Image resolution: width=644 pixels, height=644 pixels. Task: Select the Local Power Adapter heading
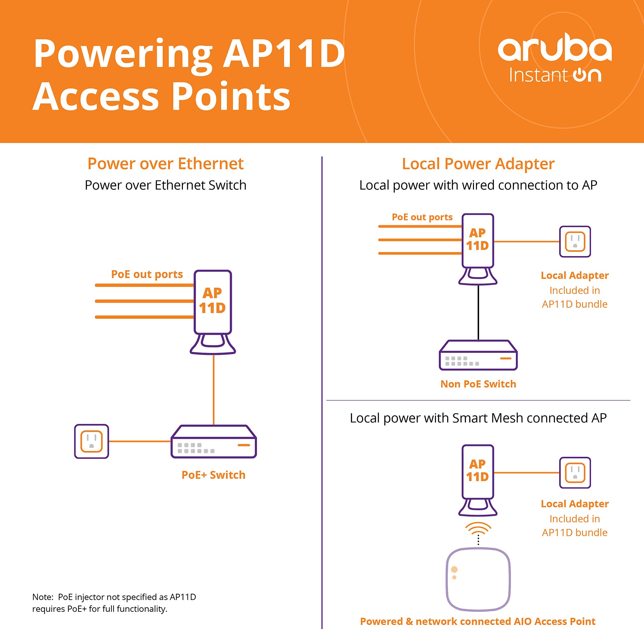(x=478, y=164)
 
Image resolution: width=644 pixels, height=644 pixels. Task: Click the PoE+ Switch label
(x=213, y=475)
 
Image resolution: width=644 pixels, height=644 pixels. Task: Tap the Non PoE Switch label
(x=478, y=384)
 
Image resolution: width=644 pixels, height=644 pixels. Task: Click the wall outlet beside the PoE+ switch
(x=91, y=441)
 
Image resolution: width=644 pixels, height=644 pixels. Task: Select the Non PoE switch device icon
(x=478, y=355)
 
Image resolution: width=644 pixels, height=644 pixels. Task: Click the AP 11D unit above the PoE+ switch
(x=213, y=302)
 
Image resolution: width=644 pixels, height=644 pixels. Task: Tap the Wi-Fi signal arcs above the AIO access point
(x=478, y=528)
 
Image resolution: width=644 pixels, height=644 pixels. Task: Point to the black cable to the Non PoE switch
(x=478, y=313)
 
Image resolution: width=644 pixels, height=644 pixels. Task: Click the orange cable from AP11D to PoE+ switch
(x=213, y=390)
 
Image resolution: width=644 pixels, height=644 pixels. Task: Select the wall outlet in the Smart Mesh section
(x=575, y=472)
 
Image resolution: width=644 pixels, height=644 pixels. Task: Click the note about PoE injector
(x=114, y=603)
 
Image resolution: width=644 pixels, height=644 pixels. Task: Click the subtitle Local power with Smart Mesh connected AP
(x=478, y=418)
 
